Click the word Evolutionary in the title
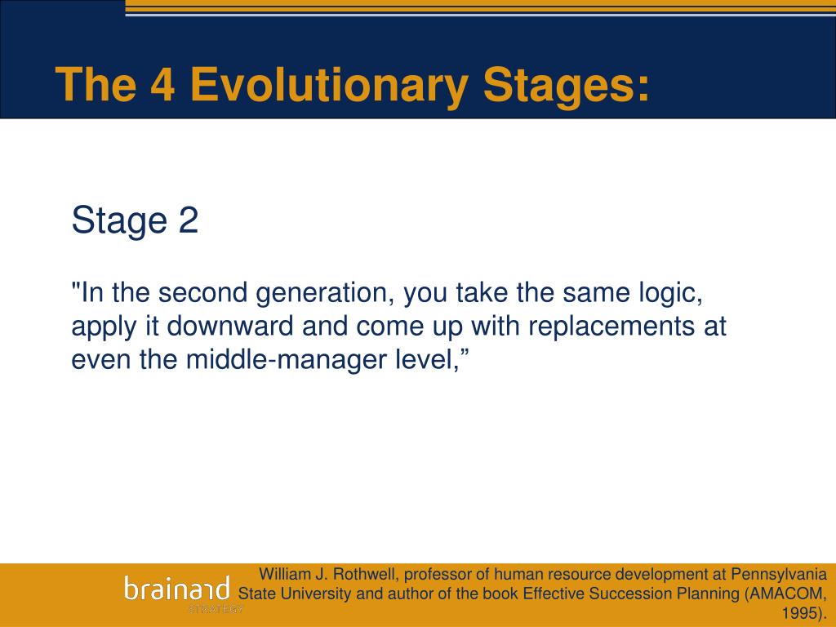[330, 85]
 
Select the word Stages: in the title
[567, 85]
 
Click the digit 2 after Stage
[189, 220]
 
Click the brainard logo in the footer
[177, 588]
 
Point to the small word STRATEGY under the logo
[216, 609]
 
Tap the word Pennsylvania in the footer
[779, 575]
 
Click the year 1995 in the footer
[798, 612]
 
